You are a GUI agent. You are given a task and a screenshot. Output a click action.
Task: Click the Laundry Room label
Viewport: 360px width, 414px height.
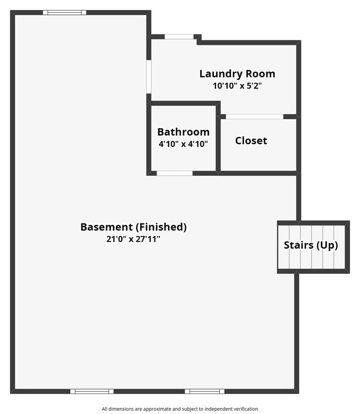237,74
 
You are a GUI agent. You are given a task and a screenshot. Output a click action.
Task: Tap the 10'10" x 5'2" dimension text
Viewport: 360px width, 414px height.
237,86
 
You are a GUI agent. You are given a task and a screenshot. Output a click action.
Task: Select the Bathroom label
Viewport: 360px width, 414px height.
183,132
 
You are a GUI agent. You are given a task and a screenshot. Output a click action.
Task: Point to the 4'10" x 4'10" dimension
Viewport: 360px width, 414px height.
183,144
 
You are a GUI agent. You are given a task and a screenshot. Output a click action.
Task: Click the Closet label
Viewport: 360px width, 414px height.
251,141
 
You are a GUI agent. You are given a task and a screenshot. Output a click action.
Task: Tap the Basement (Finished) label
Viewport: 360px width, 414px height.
133,227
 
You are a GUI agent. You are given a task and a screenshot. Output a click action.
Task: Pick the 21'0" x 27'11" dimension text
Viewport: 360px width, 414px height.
133,239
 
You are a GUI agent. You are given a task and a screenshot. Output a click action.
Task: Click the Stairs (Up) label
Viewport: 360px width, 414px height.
311,246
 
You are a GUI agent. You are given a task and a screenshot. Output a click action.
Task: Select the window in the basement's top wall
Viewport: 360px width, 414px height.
65,12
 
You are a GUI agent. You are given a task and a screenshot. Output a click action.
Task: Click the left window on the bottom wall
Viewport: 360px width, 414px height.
92,391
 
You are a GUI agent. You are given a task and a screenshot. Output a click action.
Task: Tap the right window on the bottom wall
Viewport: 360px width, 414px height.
204,391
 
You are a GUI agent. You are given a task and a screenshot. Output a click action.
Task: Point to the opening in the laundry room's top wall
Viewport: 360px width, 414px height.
179,37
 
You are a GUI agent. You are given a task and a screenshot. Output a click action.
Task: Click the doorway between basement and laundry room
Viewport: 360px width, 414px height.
149,76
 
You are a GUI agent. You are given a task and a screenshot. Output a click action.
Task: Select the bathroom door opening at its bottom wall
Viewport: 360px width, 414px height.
174,173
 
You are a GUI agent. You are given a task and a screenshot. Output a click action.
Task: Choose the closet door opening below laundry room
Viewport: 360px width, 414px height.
255,116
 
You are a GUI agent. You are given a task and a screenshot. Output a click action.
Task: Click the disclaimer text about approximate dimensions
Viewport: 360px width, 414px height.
180,408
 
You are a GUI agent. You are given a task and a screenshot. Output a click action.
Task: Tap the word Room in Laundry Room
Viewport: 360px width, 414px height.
260,74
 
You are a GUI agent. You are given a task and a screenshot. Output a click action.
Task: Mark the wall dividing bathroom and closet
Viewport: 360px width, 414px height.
218,138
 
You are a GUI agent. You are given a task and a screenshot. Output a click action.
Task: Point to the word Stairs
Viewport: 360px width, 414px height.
299,246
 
